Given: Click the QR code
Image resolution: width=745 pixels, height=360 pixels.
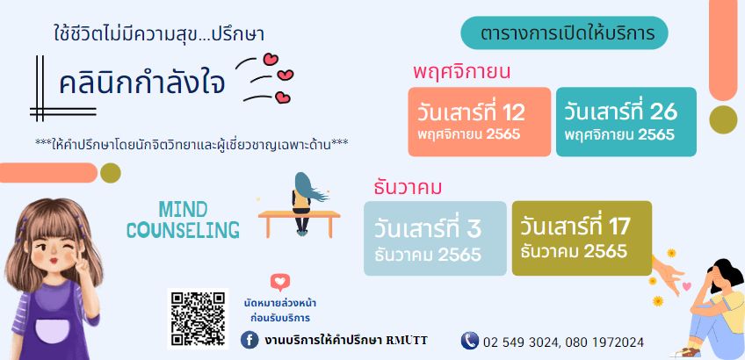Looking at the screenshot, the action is pyautogui.click(x=199, y=319).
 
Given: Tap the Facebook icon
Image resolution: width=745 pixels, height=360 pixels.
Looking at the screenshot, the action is pyautogui.click(x=250, y=340).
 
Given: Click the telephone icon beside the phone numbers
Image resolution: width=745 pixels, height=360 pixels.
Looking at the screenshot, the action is pyautogui.click(x=469, y=341).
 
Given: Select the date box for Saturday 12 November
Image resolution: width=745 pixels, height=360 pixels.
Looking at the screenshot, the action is pyautogui.click(x=480, y=121).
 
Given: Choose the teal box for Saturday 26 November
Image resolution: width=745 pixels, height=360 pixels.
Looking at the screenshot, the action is pyautogui.click(x=626, y=121).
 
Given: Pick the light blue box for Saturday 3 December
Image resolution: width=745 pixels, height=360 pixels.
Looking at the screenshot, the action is pyautogui.click(x=435, y=239).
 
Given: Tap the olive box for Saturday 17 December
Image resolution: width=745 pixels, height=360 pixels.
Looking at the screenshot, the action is pyautogui.click(x=582, y=239).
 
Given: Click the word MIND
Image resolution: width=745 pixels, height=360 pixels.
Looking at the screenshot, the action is pyautogui.click(x=183, y=209).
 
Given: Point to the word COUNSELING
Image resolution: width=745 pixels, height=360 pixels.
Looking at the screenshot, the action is pyautogui.click(x=183, y=230).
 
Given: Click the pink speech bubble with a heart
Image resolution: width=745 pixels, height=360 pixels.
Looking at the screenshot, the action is pyautogui.click(x=280, y=283).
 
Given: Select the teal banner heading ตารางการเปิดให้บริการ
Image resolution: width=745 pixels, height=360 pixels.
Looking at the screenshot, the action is pyautogui.click(x=564, y=32).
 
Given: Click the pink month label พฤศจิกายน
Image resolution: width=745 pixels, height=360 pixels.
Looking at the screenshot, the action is pyautogui.click(x=461, y=73).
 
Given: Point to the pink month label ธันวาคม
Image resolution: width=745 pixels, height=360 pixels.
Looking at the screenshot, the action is pyautogui.click(x=408, y=188).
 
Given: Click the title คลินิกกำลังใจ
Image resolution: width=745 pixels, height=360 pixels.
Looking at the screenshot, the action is pyautogui.click(x=141, y=83).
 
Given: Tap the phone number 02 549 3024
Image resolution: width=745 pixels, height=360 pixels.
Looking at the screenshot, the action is pyautogui.click(x=522, y=342).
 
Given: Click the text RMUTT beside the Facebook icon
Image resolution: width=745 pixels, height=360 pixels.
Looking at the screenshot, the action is pyautogui.click(x=406, y=340).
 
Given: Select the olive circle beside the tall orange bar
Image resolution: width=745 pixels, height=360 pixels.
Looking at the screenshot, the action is pyautogui.click(x=723, y=119).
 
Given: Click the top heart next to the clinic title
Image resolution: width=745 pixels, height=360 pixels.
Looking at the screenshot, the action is pyautogui.click(x=271, y=60).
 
